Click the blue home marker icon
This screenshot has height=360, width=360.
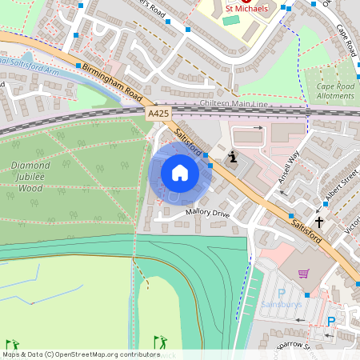pos(180,173)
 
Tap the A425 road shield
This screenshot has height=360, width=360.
pos(158,115)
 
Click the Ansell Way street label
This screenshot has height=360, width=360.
pos(288,169)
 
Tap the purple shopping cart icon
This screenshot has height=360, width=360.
pos(303,274)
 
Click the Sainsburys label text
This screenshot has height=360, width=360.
pos(282,306)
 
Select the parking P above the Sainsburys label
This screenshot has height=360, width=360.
pos(281,293)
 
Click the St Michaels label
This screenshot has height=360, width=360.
pos(245,8)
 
